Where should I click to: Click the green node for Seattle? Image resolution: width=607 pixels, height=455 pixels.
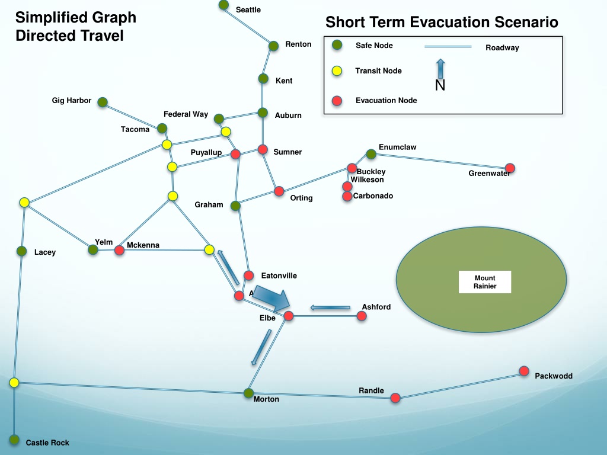tap(223, 5)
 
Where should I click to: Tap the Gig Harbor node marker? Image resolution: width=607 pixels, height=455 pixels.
tap(103, 102)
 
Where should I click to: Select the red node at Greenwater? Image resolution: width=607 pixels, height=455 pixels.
tap(510, 168)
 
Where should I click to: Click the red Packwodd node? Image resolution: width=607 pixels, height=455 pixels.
tap(524, 371)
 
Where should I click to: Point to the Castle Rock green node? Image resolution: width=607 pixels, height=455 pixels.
tap(14, 440)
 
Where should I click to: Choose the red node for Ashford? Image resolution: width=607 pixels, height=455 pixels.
tap(362, 316)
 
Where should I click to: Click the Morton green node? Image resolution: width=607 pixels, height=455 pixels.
tap(248, 393)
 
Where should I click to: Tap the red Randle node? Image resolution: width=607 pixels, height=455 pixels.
tap(395, 398)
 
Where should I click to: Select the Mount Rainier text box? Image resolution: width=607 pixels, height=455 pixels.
tap(484, 282)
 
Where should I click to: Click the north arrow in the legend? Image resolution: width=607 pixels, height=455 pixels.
tap(440, 69)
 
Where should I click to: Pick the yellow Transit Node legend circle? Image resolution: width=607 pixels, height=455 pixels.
tap(337, 71)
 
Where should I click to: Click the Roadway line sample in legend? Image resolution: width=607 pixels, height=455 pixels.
tap(448, 46)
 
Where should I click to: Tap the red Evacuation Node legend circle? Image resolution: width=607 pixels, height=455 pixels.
tap(337, 101)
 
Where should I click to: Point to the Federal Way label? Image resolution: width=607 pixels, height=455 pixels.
tap(186, 114)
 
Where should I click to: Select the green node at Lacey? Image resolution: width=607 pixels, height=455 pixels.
tap(22, 251)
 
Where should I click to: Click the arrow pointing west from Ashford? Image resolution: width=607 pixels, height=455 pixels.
tap(330, 307)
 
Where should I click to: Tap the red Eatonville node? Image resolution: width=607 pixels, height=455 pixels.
tap(249, 275)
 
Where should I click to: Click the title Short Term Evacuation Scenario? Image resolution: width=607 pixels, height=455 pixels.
tap(442, 23)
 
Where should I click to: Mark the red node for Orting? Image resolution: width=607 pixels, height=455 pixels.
tap(279, 191)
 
